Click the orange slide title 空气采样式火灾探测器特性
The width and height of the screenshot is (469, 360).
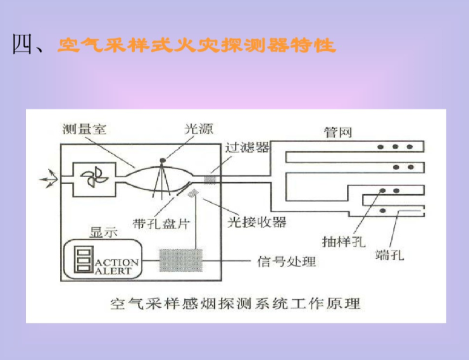click(x=196, y=46)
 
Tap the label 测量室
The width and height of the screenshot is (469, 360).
click(x=84, y=130)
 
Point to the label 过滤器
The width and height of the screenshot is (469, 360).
click(x=246, y=147)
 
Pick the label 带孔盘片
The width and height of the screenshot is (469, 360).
click(x=161, y=223)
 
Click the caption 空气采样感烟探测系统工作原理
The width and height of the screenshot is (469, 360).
click(x=234, y=303)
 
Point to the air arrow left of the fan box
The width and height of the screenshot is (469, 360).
click(x=47, y=179)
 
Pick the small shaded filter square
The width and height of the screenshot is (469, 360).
click(x=209, y=179)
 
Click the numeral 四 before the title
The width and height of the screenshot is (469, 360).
click(x=23, y=46)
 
